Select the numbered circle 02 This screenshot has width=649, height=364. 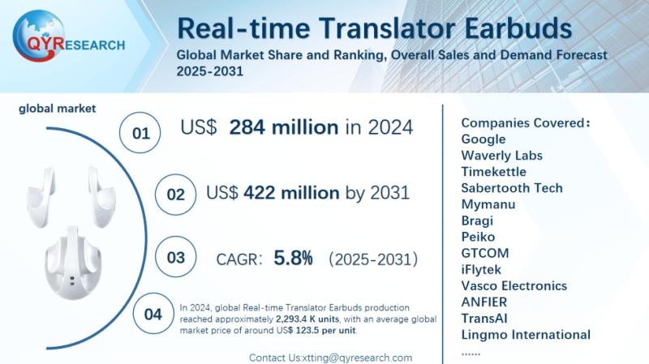point(175,195)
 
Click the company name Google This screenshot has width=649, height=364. point(483,139)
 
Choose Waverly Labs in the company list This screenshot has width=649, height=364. point(501,156)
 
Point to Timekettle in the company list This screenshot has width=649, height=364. point(493,172)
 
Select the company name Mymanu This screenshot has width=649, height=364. point(488,204)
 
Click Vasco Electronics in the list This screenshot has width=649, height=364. point(514,285)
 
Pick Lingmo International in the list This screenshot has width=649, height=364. point(525,334)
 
